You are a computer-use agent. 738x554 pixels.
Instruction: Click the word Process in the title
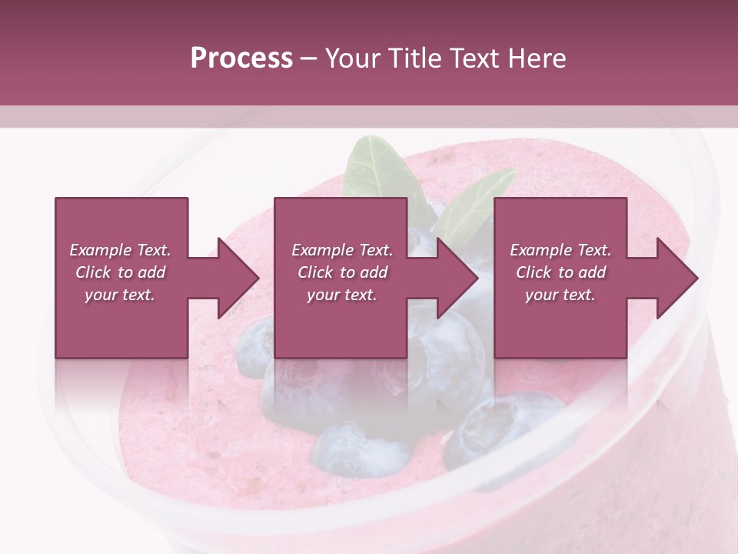pyautogui.click(x=241, y=58)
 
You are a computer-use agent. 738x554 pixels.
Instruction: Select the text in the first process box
pyautogui.click(x=121, y=272)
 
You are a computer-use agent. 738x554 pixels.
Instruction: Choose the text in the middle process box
pyautogui.click(x=341, y=272)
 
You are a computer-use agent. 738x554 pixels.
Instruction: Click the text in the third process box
pyautogui.click(x=560, y=272)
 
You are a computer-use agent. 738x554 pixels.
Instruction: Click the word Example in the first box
pyautogui.click(x=101, y=250)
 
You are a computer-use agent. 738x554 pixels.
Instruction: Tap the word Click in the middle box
pyautogui.click(x=314, y=272)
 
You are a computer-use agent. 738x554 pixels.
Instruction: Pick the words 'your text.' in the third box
pyautogui.click(x=560, y=295)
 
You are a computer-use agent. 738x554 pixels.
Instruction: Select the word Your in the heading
pyautogui.click(x=352, y=58)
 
